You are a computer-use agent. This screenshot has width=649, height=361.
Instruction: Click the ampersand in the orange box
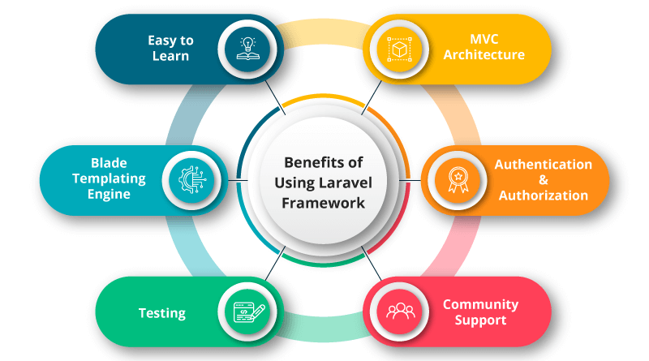coord(543,179)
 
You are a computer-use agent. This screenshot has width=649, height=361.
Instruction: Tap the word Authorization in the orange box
coord(543,196)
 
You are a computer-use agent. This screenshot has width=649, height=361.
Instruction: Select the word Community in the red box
coord(479,304)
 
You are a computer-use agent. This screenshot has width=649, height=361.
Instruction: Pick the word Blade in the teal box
coord(109,162)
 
